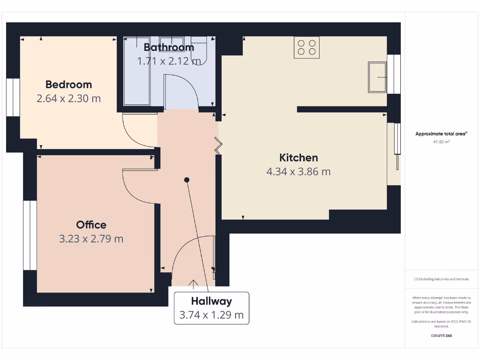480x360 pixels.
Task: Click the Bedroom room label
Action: coord(68,84)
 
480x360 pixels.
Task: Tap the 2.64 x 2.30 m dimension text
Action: coord(68,98)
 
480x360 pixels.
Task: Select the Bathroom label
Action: coord(169,47)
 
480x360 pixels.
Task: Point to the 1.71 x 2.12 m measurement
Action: coord(169,61)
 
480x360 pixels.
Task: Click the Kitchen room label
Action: coord(299,157)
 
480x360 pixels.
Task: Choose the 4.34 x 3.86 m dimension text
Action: coord(299,172)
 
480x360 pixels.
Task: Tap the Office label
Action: coord(91,225)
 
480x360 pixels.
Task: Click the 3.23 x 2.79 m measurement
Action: coord(91,239)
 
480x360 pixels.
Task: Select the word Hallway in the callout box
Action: coord(211,301)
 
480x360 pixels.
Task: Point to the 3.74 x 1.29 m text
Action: coord(211,315)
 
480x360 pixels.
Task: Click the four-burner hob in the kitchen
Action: coord(307,47)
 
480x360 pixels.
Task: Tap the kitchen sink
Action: coord(377,77)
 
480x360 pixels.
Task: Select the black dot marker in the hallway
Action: coord(187,180)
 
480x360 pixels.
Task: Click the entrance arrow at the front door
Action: coord(193,282)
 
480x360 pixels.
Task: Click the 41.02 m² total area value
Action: coord(441,141)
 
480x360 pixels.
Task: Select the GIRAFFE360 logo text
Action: coord(441,336)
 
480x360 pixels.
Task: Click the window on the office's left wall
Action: coord(30,235)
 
